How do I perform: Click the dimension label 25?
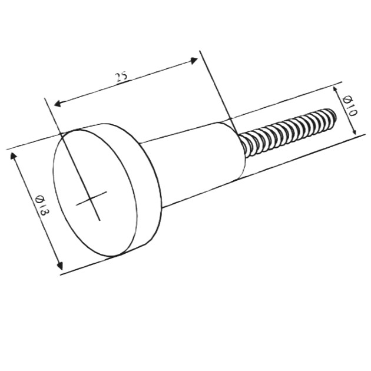[x=122, y=77]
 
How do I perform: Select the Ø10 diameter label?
[x=349, y=105]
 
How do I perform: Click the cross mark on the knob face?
[x=91, y=198]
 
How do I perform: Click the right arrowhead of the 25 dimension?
[x=194, y=61]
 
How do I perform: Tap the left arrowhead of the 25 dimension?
[x=58, y=104]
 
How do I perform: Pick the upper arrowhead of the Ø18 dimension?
[x=14, y=156]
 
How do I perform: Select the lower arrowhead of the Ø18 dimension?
[x=60, y=266]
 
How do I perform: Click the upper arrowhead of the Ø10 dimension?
[x=335, y=90]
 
